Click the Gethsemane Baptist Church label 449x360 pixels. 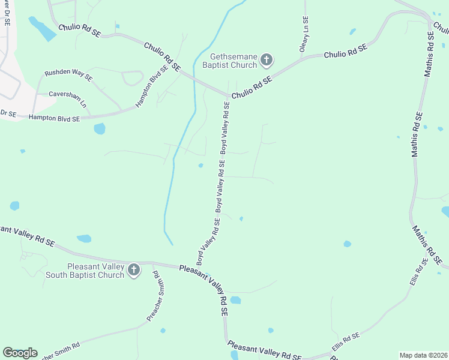coord(229,60)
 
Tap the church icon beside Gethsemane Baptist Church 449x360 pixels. coord(267,61)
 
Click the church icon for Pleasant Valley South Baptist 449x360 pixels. coord(133,271)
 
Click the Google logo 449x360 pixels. coord(20,353)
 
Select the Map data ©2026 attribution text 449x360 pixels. coord(423,355)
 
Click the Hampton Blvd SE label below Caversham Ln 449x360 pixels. coord(54,119)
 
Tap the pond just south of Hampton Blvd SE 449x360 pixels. coord(100,128)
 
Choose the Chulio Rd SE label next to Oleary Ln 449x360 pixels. coord(345,50)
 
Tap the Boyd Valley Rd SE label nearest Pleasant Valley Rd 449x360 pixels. coord(208,242)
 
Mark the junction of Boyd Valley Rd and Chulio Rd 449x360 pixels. coord(229,96)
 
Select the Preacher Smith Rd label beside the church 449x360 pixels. coord(158,296)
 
